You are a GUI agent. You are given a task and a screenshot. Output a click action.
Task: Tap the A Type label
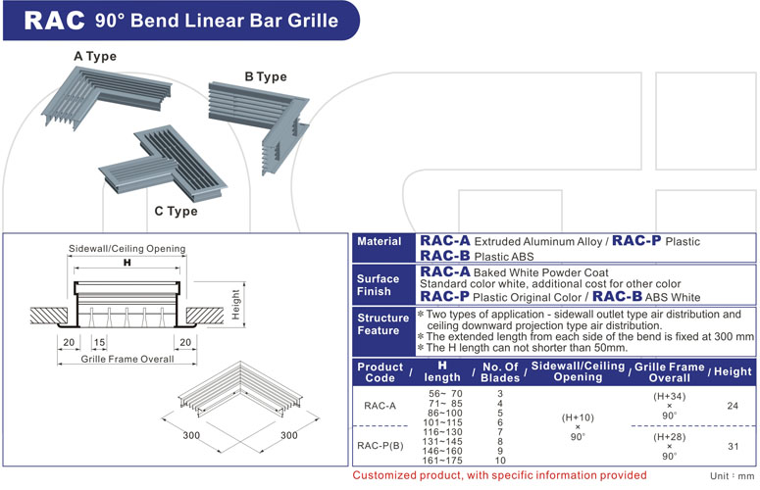95,56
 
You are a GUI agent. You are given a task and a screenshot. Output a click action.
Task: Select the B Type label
265,76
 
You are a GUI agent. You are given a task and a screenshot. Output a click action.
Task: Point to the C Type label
176,211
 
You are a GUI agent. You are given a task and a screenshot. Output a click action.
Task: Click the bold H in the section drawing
126,265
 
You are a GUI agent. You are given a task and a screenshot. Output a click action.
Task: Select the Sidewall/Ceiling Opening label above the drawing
127,249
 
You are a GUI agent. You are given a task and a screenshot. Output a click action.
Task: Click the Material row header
379,241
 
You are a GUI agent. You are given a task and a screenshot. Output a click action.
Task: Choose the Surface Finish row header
380,284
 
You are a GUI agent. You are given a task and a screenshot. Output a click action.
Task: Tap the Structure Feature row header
383,324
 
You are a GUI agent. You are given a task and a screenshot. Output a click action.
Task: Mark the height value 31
734,446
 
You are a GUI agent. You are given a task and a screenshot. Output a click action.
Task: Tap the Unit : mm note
732,476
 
